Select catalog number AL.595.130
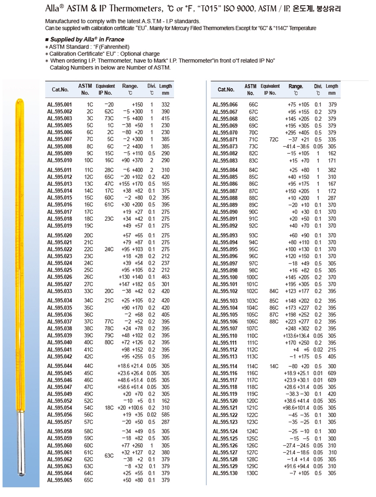[x=225, y=473]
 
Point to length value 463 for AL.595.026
[x=165, y=277]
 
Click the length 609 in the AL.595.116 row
[x=332, y=373]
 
